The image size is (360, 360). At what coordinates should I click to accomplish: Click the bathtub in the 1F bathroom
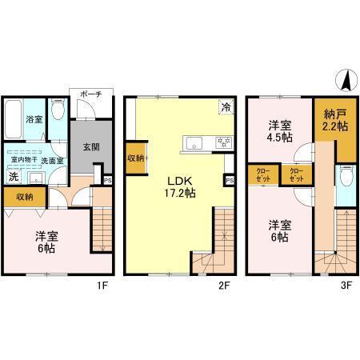click(14, 120)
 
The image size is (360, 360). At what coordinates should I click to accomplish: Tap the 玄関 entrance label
click(89, 148)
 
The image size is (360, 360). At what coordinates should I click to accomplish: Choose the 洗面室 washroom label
click(53, 161)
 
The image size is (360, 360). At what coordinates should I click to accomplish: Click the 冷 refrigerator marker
click(226, 106)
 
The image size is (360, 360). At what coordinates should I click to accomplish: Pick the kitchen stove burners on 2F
click(219, 142)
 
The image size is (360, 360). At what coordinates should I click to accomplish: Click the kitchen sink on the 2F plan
click(195, 143)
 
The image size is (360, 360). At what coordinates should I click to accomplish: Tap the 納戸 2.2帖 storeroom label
click(334, 121)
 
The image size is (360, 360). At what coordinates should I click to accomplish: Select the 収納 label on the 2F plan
click(136, 158)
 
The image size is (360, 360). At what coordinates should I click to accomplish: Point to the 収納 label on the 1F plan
click(24, 196)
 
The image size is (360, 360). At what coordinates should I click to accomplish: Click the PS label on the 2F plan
click(230, 181)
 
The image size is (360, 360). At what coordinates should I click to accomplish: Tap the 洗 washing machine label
click(13, 176)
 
